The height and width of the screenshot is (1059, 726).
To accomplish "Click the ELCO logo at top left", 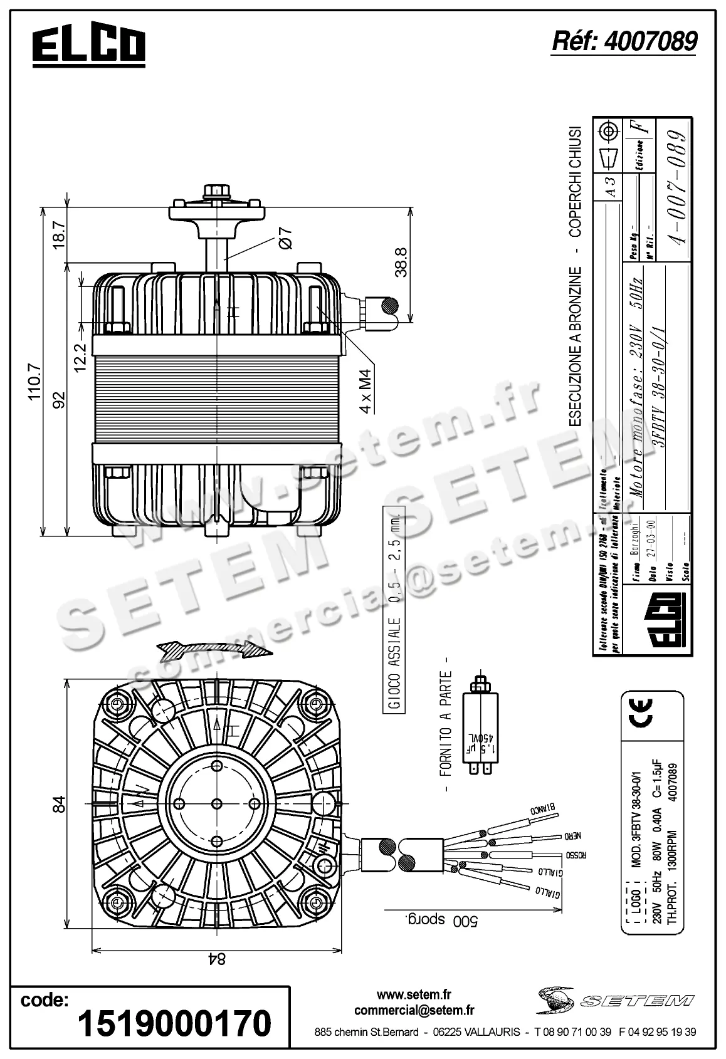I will [88, 46].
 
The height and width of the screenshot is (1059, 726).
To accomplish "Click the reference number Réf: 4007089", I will [623, 41].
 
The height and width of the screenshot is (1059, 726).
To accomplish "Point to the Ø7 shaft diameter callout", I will [284, 237].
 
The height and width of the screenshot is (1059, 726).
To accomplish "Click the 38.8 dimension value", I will [401, 262].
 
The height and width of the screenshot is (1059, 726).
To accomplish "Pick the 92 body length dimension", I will [58, 399].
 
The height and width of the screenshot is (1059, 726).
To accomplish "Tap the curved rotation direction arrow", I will [214, 650].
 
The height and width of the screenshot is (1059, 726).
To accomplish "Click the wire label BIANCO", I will [545, 810].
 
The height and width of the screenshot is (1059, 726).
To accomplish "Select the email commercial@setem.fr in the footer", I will [414, 1010].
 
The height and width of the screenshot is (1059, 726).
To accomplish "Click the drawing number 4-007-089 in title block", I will [676, 187].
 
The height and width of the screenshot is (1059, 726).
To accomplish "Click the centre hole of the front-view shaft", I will [217, 803].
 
